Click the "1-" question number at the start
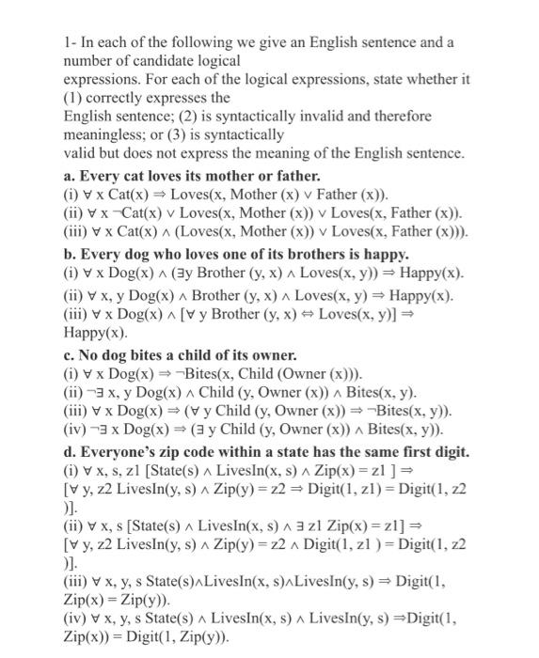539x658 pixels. tap(70, 43)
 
